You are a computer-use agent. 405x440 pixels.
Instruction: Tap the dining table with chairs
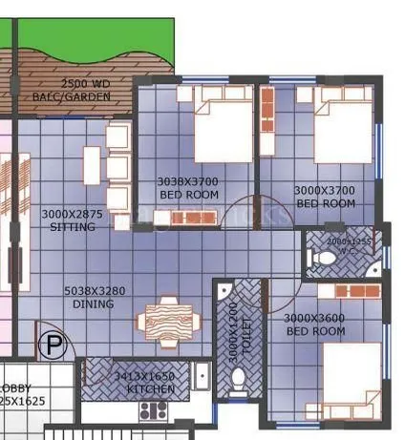pyautogui.click(x=169, y=317)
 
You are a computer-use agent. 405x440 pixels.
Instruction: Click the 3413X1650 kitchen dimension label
pyautogui.click(x=145, y=383)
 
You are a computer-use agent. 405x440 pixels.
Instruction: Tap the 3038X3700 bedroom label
pyautogui.click(x=188, y=187)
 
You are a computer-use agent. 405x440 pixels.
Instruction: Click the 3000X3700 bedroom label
pyautogui.click(x=325, y=197)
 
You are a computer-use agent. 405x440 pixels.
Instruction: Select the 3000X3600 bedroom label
pyautogui.click(x=314, y=325)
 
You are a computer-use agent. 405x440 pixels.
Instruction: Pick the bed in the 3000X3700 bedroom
pyautogui.click(x=342, y=124)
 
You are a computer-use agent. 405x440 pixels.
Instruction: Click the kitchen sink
pyautogui.click(x=202, y=377)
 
